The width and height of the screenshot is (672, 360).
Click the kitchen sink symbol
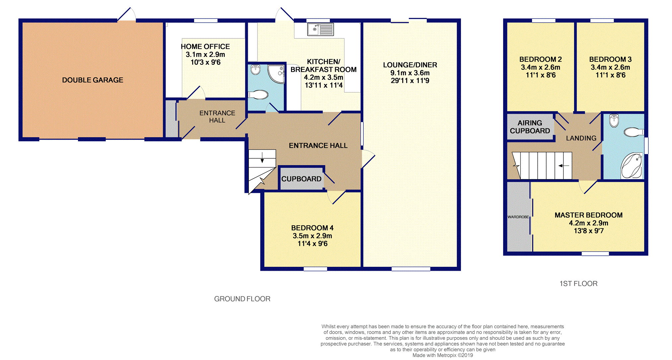[x=320, y=29]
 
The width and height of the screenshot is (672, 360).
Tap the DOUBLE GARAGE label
[x=93, y=80]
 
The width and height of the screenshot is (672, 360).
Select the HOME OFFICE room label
[x=205, y=46]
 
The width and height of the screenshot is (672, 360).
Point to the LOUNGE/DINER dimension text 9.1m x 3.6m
[x=410, y=73]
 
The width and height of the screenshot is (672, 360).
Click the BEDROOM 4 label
[x=312, y=228]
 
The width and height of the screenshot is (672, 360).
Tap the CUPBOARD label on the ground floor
[x=301, y=179]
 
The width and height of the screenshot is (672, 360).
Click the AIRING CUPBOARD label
[x=530, y=127]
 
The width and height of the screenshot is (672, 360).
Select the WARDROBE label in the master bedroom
[x=518, y=217]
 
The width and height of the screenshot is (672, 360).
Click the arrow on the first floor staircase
[x=563, y=166]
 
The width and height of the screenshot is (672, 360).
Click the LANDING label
[x=581, y=138]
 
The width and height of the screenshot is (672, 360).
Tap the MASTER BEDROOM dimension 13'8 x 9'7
[x=589, y=231]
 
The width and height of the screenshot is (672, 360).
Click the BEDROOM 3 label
[x=610, y=59]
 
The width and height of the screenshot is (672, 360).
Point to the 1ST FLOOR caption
[x=578, y=284]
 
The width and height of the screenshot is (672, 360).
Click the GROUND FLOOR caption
[x=242, y=299]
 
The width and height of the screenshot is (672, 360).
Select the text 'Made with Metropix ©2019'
[x=443, y=355]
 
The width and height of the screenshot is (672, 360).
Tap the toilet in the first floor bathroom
[x=634, y=132]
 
